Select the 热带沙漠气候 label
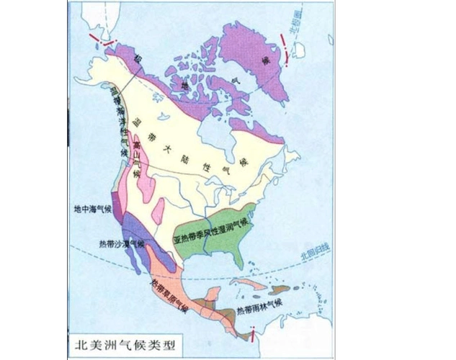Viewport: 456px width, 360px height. pyautogui.click(x=122, y=243)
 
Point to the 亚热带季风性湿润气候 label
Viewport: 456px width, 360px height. pyautogui.click(x=215, y=238)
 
